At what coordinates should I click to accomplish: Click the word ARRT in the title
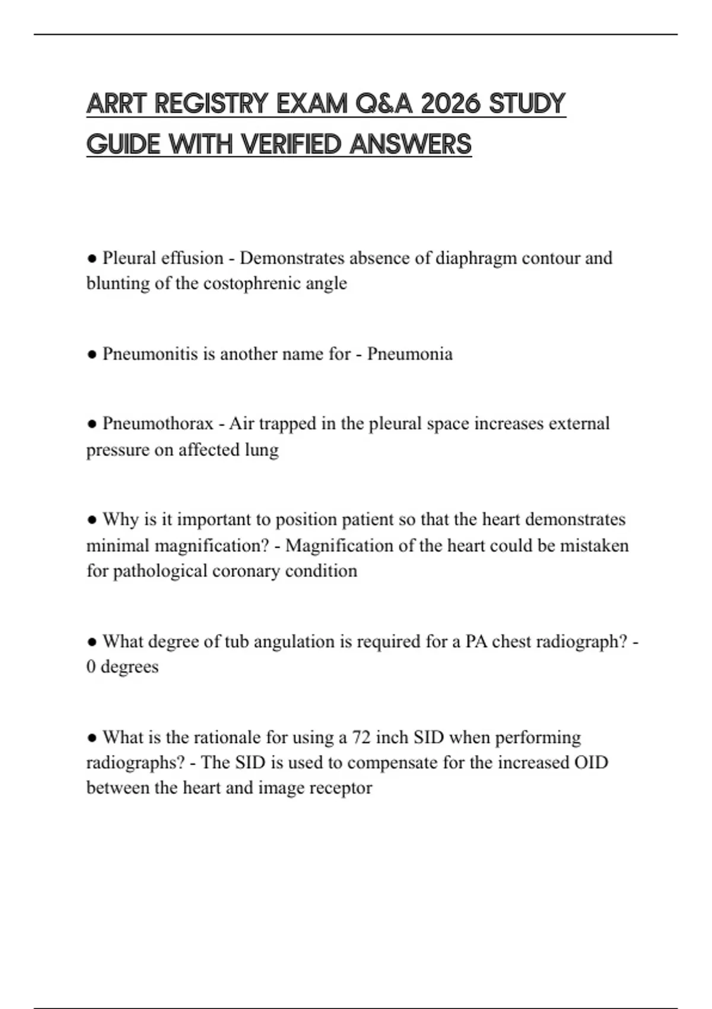(x=116, y=104)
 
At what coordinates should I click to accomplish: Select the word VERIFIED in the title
(x=293, y=144)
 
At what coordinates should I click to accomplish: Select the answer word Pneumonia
(x=409, y=354)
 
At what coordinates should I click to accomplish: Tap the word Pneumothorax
(x=158, y=424)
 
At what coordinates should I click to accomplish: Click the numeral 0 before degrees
(x=91, y=667)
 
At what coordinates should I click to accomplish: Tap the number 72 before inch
(x=362, y=737)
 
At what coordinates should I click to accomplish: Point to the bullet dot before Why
(x=92, y=520)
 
